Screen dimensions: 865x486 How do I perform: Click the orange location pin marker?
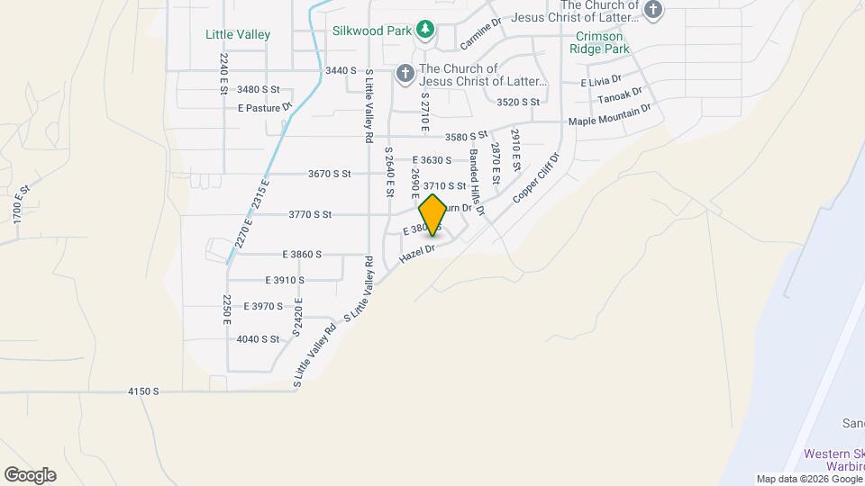(x=433, y=214)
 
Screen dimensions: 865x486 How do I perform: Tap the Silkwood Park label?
(x=372, y=31)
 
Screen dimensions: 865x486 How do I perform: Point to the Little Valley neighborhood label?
(x=238, y=34)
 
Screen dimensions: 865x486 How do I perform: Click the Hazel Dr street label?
(x=417, y=256)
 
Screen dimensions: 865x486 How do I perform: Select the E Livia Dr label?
(x=601, y=82)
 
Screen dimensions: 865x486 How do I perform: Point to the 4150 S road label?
(x=143, y=391)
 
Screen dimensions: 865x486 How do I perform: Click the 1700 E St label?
(x=23, y=205)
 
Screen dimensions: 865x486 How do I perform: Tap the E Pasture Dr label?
(x=266, y=107)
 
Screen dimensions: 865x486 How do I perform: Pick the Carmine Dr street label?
(x=479, y=35)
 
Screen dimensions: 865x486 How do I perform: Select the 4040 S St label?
(x=258, y=339)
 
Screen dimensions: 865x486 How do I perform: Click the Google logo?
(x=30, y=474)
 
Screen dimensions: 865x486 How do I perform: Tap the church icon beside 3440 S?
(x=405, y=72)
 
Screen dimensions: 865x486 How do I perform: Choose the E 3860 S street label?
(x=302, y=255)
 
